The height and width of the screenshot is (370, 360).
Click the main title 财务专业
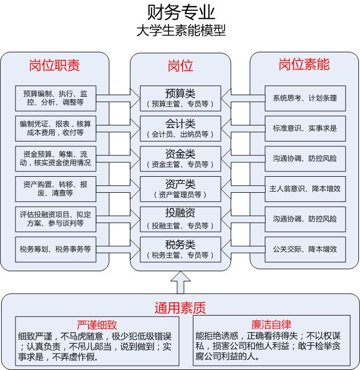181,12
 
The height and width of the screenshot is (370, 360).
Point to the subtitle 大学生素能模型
181,30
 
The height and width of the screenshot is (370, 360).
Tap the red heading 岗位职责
54,65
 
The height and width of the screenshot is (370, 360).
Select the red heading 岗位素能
304,65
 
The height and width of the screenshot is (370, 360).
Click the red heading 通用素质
180,308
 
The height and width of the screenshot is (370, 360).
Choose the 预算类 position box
180,98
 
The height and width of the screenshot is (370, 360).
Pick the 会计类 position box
180,129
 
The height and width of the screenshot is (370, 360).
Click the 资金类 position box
180,159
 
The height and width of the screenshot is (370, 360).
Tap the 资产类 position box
180,189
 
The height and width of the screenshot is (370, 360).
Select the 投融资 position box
180,219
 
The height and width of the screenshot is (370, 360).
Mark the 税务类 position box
180,249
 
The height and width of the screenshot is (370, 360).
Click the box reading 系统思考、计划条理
305,98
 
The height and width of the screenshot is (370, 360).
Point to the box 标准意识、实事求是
305,129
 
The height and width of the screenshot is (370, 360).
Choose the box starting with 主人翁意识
305,189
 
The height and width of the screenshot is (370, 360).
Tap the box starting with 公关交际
305,249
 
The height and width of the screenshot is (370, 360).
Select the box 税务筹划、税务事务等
55,249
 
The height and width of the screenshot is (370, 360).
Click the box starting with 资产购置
55,189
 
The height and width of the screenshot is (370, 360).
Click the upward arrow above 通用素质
180,282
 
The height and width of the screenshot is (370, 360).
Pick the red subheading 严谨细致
97,325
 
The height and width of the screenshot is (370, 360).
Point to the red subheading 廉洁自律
271,325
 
